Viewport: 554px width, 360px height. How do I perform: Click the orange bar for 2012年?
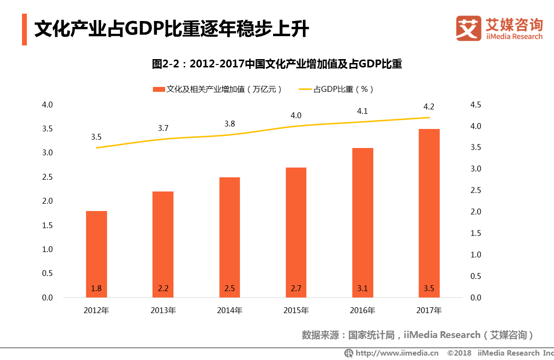(96, 254)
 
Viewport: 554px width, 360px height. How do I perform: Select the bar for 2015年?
(296, 232)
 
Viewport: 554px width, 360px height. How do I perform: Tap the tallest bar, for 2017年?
(429, 213)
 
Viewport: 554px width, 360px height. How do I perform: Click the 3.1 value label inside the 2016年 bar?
(362, 289)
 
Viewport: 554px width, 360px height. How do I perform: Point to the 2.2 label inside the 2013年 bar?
(163, 289)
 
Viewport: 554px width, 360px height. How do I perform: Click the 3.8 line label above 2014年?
(230, 124)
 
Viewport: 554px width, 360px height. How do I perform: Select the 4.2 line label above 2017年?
(429, 107)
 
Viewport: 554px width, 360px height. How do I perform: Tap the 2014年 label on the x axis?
(230, 310)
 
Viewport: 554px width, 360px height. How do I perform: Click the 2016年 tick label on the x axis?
(362, 310)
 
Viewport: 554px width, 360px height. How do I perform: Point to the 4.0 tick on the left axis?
(47, 105)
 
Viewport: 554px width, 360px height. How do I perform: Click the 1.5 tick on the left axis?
(47, 225)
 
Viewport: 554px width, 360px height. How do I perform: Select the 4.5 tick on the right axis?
(475, 105)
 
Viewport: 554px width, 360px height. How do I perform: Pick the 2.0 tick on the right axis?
(475, 212)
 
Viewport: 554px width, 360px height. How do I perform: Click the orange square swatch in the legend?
(159, 89)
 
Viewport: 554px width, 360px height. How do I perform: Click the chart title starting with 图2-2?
(277, 64)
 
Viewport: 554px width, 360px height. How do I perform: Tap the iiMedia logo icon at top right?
(469, 28)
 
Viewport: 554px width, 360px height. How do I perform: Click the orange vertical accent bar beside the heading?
(24, 30)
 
